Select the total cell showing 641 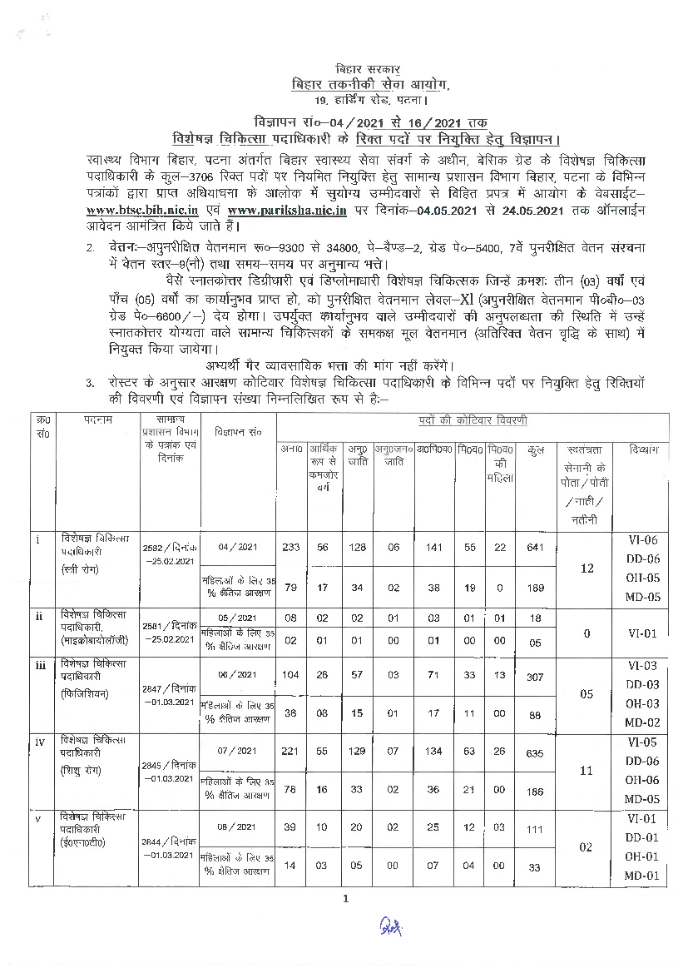point(536,546)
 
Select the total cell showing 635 point(536,751)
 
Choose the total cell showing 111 point(536,830)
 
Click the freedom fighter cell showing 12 point(587,568)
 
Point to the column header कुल point(536,450)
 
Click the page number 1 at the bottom point(344,897)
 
